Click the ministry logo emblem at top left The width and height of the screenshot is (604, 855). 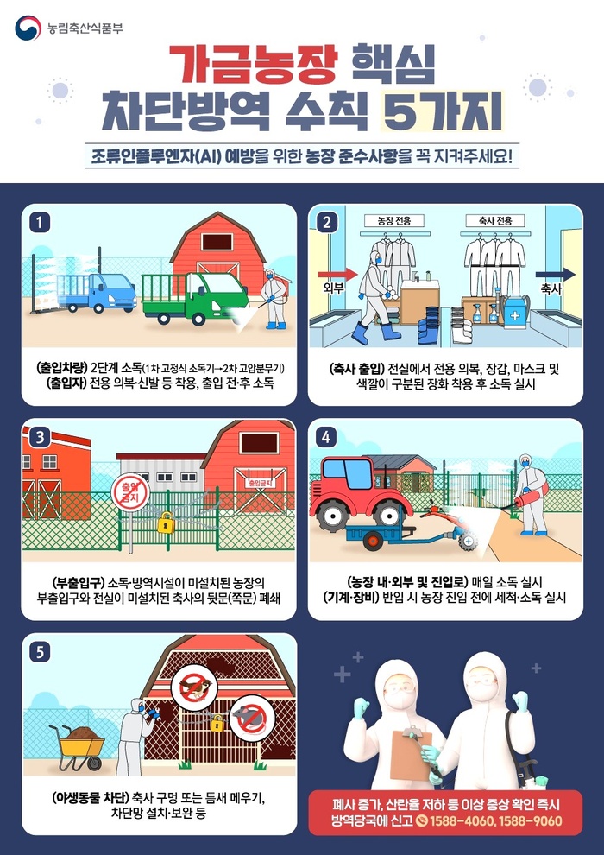[x=28, y=28]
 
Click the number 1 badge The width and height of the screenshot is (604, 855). [x=40, y=223]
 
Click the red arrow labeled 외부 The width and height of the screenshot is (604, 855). [x=337, y=274]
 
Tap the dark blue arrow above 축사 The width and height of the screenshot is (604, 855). [x=555, y=275]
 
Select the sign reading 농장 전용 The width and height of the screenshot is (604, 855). [x=393, y=220]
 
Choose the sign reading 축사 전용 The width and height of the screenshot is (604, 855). [x=496, y=220]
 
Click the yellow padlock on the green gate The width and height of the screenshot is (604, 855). [x=166, y=522]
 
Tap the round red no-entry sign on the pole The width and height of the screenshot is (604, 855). [x=130, y=492]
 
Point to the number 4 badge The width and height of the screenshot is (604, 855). [x=325, y=436]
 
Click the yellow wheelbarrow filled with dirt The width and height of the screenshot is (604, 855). [x=77, y=746]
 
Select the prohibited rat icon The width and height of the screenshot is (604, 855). [x=249, y=713]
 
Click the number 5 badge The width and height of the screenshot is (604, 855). [x=40, y=651]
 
